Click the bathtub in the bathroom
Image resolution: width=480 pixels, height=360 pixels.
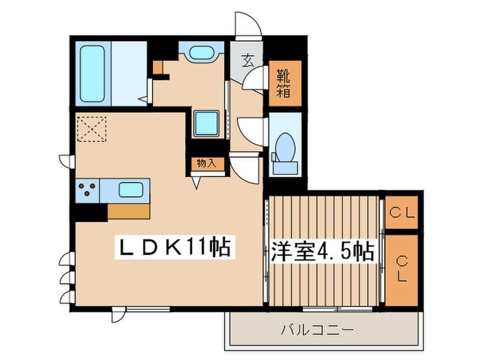pyautogui.click(x=92, y=74)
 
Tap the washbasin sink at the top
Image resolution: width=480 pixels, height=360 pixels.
pyautogui.click(x=201, y=52)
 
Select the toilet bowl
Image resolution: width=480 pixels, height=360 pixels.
pyautogui.click(x=285, y=147)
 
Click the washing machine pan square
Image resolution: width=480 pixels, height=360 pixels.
pyautogui.click(x=206, y=123)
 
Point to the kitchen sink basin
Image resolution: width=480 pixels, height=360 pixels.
pyautogui.click(x=131, y=190)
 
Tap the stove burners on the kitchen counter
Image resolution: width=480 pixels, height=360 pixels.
pyautogui.click(x=87, y=189)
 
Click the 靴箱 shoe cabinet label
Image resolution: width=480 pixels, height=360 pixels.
pyautogui.click(x=283, y=83)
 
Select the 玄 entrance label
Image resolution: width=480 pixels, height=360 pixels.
pyautogui.click(x=248, y=60)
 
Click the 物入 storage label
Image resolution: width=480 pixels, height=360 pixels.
pyautogui.click(x=207, y=163)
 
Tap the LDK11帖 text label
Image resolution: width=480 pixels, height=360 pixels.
pyautogui.click(x=174, y=248)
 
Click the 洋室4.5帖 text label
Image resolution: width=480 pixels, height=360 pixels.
pyautogui.click(x=322, y=252)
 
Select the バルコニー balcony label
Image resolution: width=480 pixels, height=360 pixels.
pyautogui.click(x=317, y=330)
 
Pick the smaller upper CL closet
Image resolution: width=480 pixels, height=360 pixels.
pyautogui.click(x=401, y=212)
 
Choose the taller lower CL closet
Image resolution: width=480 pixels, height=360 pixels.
pyautogui.click(x=401, y=270)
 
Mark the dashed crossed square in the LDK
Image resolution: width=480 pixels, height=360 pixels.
pyautogui.click(x=91, y=129)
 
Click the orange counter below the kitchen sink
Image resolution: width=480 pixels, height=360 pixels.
pyautogui.click(x=129, y=211)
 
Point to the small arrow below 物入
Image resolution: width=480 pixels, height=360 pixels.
pyautogui.click(x=196, y=183)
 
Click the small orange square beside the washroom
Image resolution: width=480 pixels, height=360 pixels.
pyautogui.click(x=158, y=67)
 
